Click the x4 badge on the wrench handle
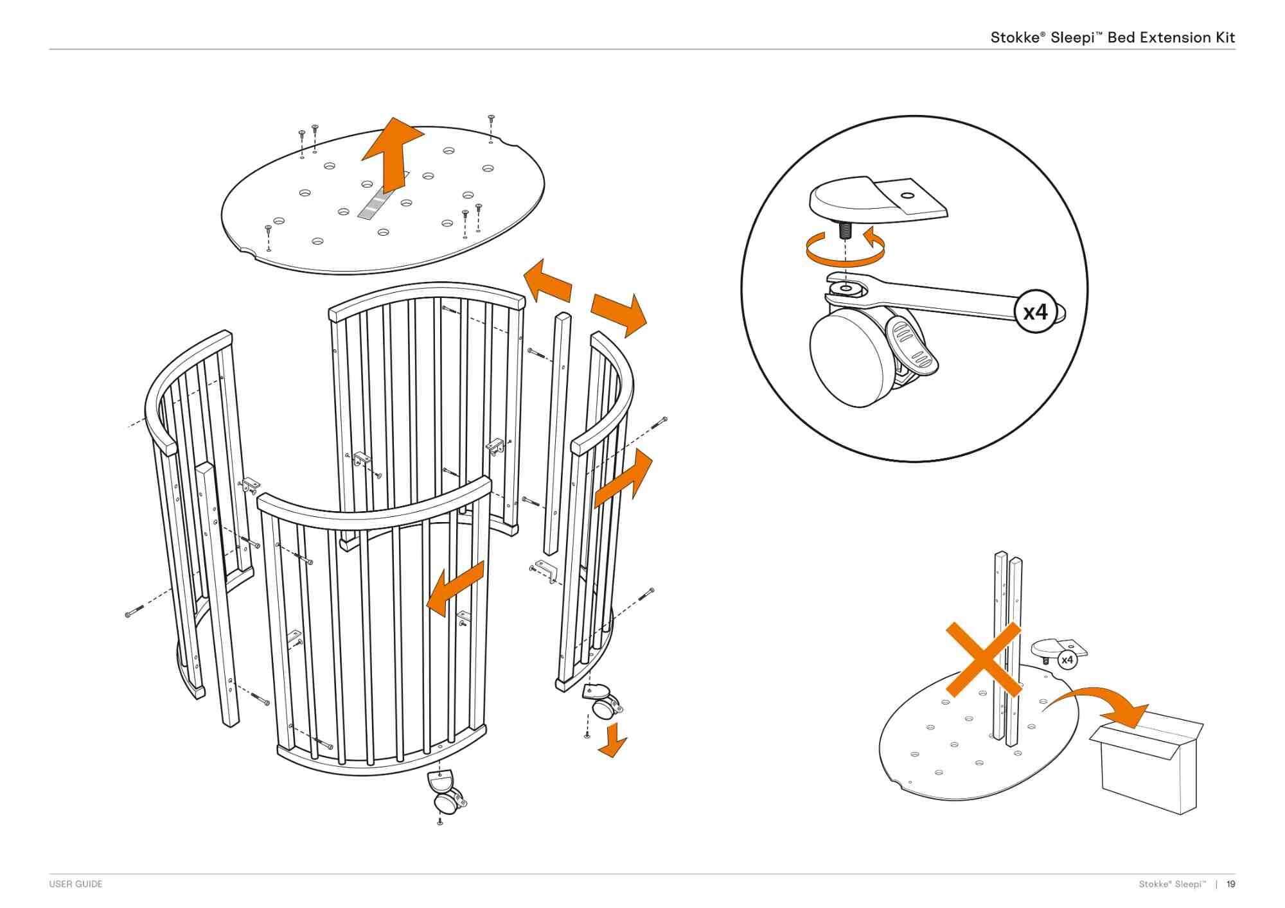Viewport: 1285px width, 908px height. [1035, 312]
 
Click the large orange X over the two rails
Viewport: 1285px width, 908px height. [983, 659]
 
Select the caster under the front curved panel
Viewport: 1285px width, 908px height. [445, 794]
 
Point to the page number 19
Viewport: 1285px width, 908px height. [1230, 884]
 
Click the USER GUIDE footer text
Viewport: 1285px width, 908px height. [76, 884]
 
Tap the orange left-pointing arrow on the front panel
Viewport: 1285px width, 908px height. [454, 588]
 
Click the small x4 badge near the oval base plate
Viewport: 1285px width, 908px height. [1067, 659]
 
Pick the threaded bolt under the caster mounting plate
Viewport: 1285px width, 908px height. [845, 230]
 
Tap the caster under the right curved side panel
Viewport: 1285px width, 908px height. [602, 703]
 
